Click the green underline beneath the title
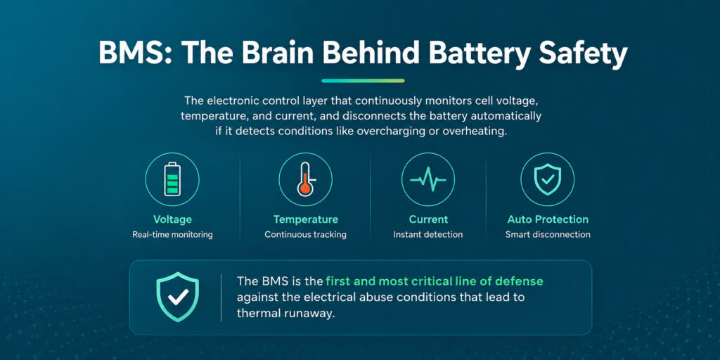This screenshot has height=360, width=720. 364,81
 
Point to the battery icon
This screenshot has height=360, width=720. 172,179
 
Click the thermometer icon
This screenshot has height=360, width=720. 306,179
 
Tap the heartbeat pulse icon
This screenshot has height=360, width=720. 428,179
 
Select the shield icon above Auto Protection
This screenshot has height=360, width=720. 547,179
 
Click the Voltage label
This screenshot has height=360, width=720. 172,219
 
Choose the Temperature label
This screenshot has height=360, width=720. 305,219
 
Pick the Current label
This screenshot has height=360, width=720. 428,219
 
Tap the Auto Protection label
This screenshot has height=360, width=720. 548,219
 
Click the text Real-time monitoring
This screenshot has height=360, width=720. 172,235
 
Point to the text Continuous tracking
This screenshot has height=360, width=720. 305,235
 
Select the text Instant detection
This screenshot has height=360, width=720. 428,235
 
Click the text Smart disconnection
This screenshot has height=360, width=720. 548,235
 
